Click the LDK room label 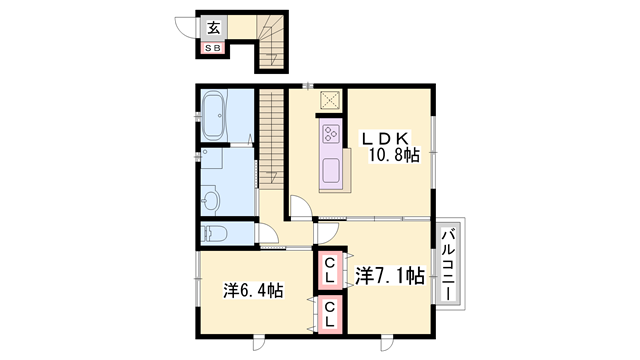pyautogui.click(x=384, y=139)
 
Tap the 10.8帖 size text pyautogui.click(x=394, y=156)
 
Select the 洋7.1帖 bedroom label pyautogui.click(x=390, y=276)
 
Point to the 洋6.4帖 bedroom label pyautogui.click(x=253, y=291)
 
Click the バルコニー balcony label pyautogui.click(x=449, y=264)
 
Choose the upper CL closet pyautogui.click(x=329, y=270)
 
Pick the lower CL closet pyautogui.click(x=329, y=314)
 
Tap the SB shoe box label pyautogui.click(x=212, y=48)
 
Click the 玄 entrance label pyautogui.click(x=213, y=28)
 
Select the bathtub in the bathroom pyautogui.click(x=213, y=115)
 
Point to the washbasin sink pyautogui.click(x=211, y=201)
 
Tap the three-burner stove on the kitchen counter pyautogui.click(x=331, y=134)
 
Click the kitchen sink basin pyautogui.click(x=331, y=171)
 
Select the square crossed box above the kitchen pyautogui.click(x=330, y=100)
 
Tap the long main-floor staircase pyautogui.click(x=271, y=139)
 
